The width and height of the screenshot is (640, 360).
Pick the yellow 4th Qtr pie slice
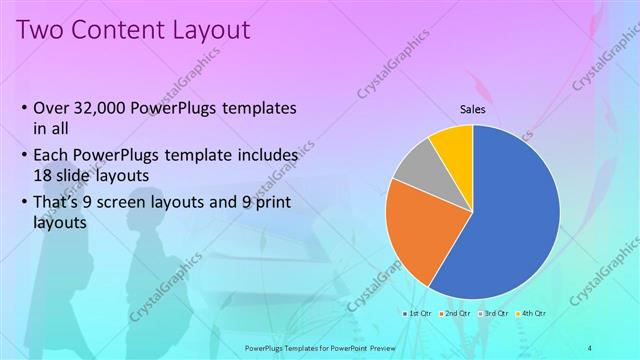click(454, 144)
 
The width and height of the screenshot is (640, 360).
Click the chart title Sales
click(473, 109)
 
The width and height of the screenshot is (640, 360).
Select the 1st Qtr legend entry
click(418, 313)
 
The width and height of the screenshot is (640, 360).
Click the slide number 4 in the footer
click(591, 348)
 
